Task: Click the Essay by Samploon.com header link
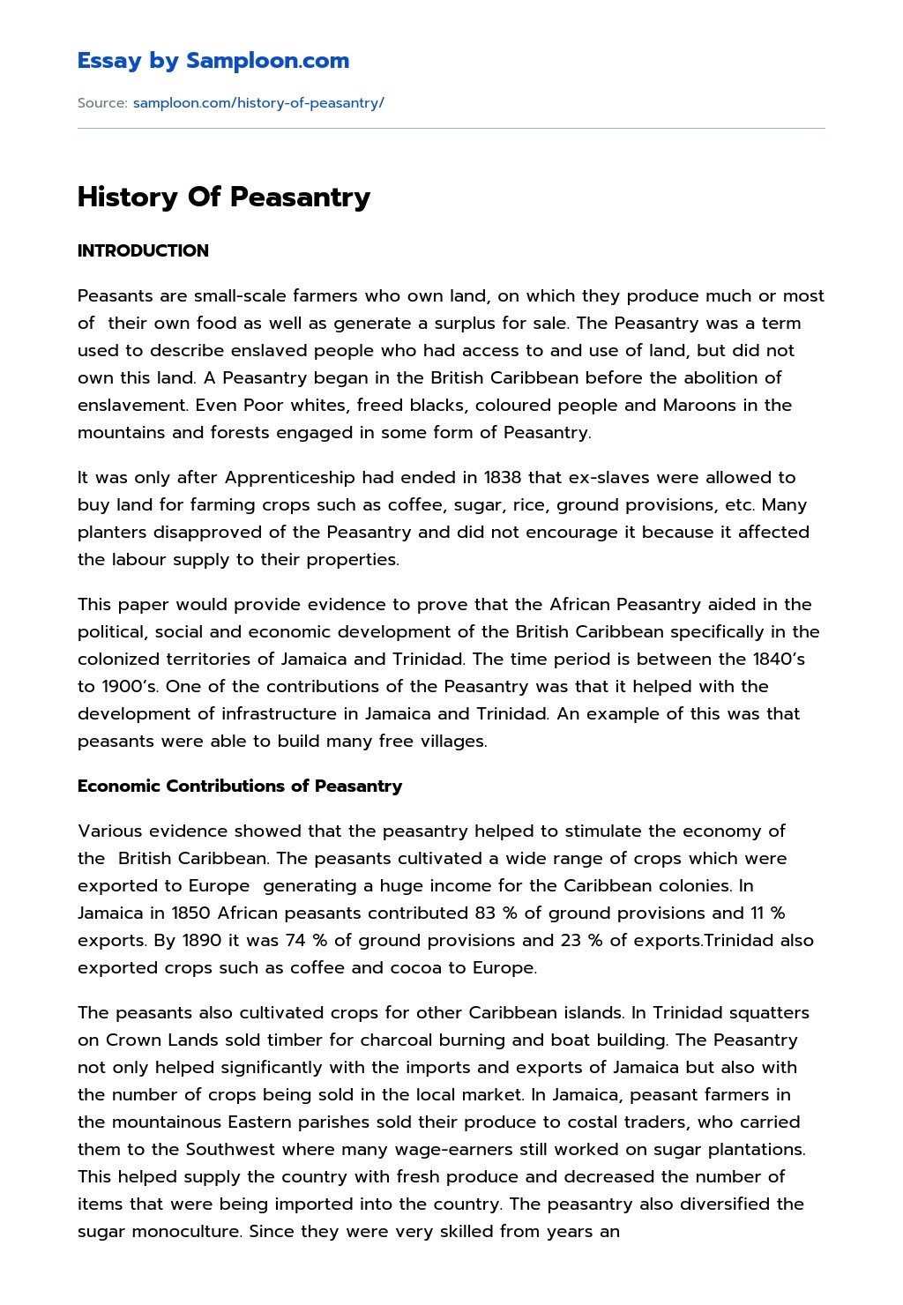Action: [x=213, y=61]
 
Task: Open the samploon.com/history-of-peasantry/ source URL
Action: [x=258, y=103]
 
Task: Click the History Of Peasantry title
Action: [x=224, y=197]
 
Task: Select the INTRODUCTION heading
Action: [x=143, y=250]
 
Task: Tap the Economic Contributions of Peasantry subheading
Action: [x=240, y=786]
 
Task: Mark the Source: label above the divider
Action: [x=102, y=103]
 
